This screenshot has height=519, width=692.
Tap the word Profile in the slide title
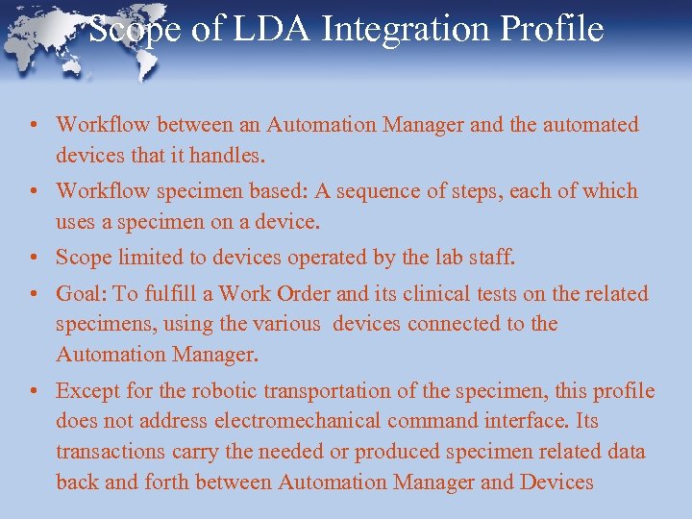(x=558, y=29)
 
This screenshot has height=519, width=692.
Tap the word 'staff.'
(x=491, y=258)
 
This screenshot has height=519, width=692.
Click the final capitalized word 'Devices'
(x=556, y=482)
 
